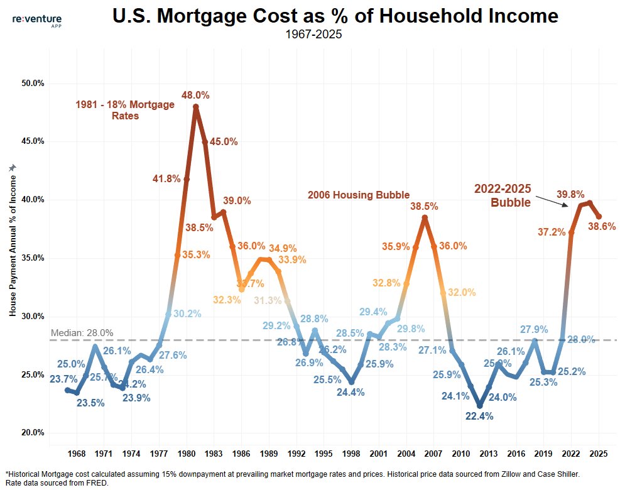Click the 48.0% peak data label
195,95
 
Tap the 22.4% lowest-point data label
480,416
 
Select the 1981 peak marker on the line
195,107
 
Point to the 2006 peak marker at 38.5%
425,218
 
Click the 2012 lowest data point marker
480,405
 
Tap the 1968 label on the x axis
77,454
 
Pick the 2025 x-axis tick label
599,454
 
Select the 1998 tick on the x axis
351,454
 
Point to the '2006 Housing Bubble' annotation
358,195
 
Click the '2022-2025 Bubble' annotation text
503,195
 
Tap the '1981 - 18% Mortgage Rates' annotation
125,110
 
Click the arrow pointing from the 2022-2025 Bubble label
552,200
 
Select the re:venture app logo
37,21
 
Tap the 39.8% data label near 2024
570,195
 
